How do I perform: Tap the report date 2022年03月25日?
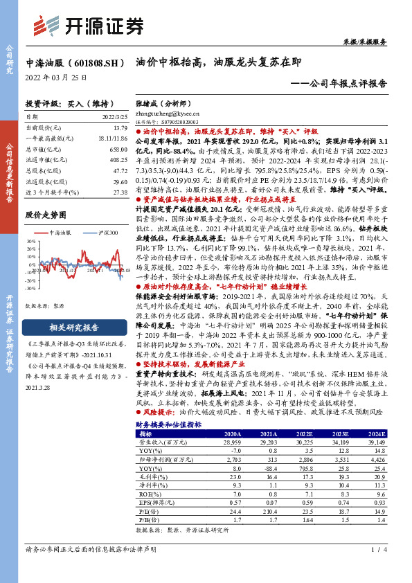coord(56,77)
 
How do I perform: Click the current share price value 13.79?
coord(119,127)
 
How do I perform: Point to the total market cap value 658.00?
coord(118,149)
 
